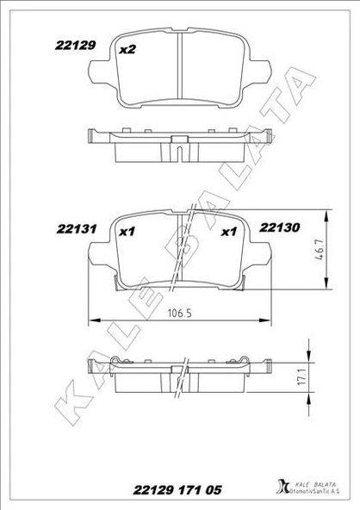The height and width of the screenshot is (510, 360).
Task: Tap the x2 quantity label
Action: click(x=127, y=49)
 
